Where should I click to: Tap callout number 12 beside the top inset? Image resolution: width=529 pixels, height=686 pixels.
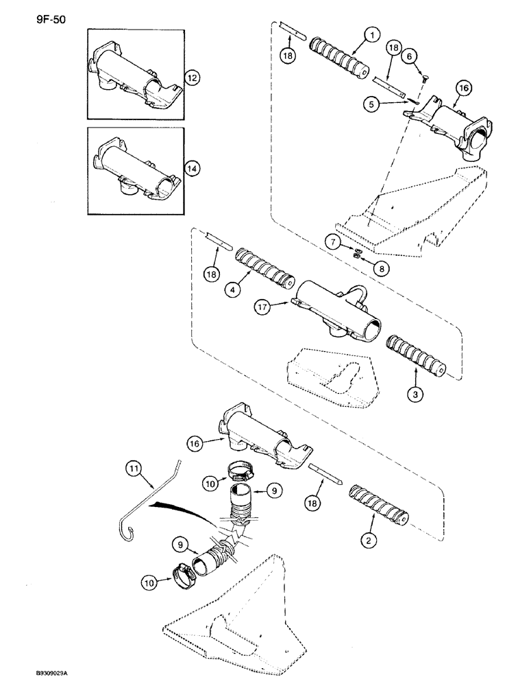(x=193, y=79)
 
